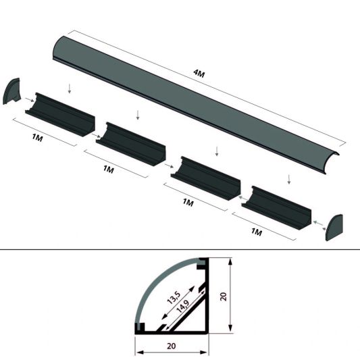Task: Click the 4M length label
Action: pyautogui.click(x=199, y=73)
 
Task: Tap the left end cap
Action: pyautogui.click(x=13, y=92)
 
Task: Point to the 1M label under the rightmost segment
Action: pyautogui.click(x=256, y=232)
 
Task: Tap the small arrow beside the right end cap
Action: pyautogui.click(x=317, y=221)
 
